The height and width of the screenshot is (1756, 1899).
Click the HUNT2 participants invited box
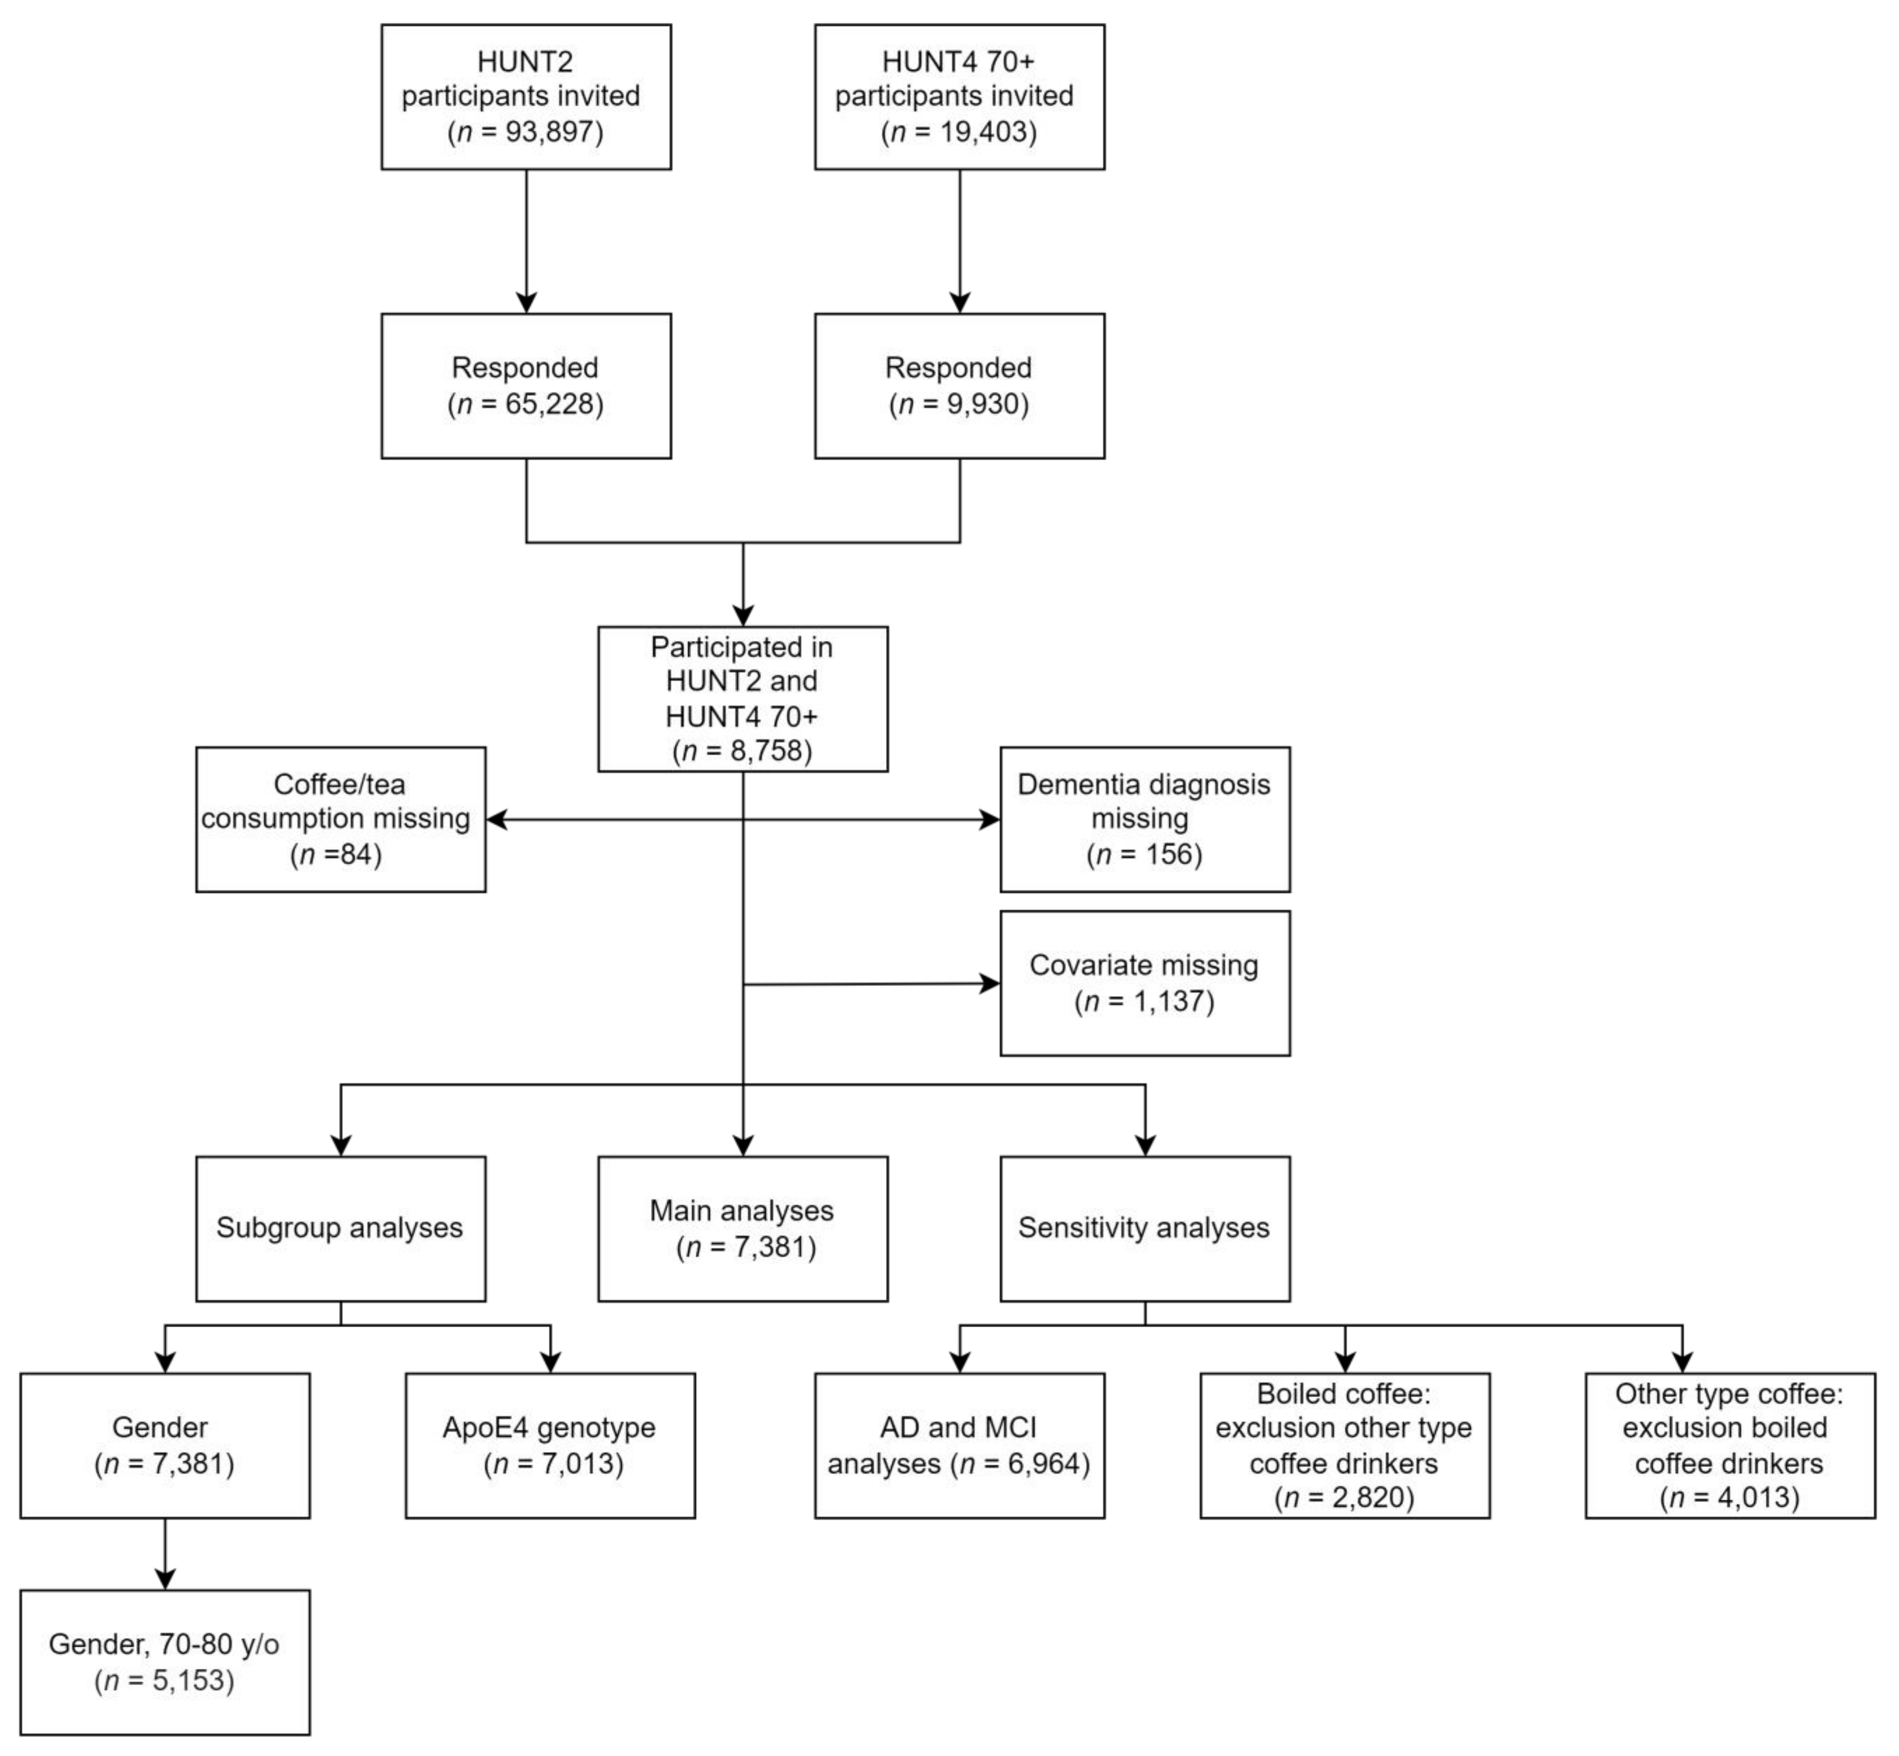[x=525, y=97]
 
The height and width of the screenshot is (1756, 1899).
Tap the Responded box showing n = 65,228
[x=525, y=386]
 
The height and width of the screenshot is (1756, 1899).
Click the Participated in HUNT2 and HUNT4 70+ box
[x=742, y=699]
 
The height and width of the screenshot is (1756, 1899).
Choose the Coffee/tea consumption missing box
[x=340, y=819]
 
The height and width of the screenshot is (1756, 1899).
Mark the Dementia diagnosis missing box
[x=1144, y=819]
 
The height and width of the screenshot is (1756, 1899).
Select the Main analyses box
[x=742, y=1228]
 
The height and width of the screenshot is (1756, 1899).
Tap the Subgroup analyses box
[x=340, y=1228]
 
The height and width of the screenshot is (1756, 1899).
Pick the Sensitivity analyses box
[x=1144, y=1228]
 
